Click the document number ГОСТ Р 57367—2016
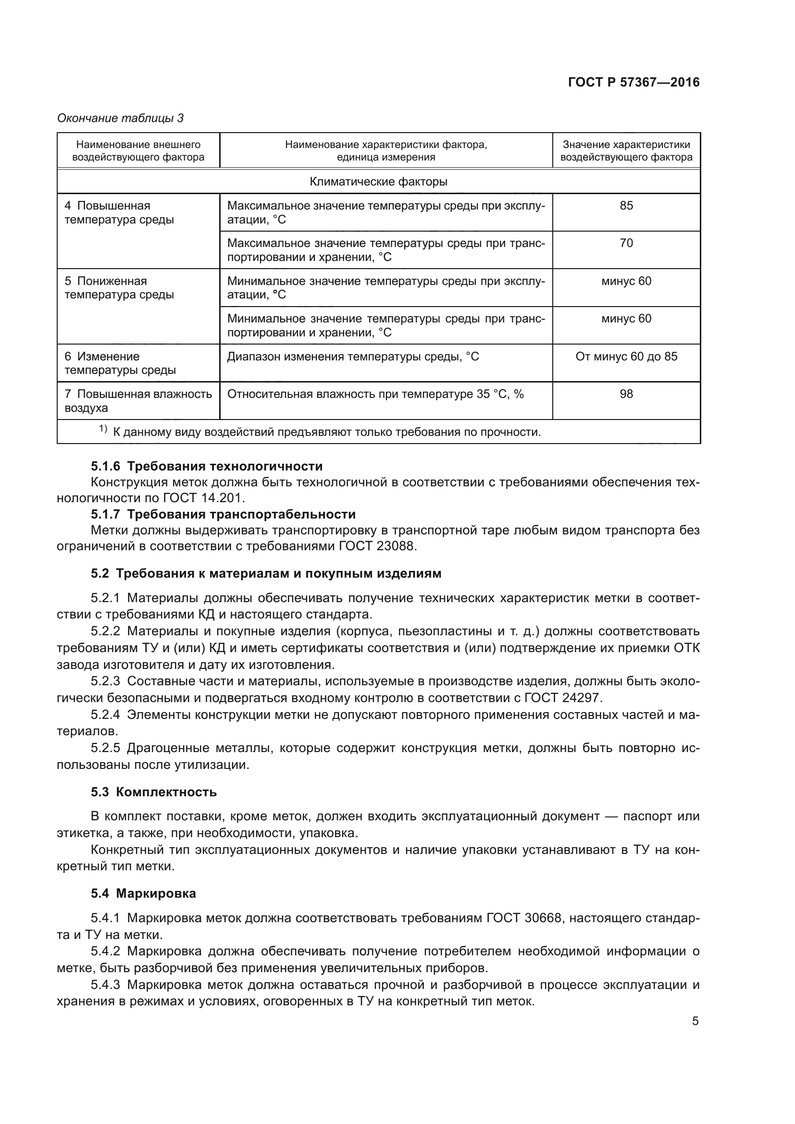pyautogui.click(x=634, y=82)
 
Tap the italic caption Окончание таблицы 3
pyautogui.click(x=121, y=118)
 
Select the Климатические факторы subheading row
pyautogui.click(x=378, y=182)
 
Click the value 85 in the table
pyautogui.click(x=626, y=206)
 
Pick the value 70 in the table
pyautogui.click(x=626, y=243)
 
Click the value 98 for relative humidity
pyautogui.click(x=626, y=394)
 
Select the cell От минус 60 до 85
pyautogui.click(x=626, y=357)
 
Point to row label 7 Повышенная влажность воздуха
pyautogui.click(x=138, y=401)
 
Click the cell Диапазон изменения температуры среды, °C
pyautogui.click(x=353, y=357)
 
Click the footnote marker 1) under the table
pyautogui.click(x=103, y=429)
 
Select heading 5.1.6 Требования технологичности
pyautogui.click(x=207, y=466)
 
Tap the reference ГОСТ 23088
pyautogui.click(x=377, y=546)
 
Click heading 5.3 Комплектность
pyautogui.click(x=154, y=792)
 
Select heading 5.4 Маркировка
pyautogui.click(x=143, y=893)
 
